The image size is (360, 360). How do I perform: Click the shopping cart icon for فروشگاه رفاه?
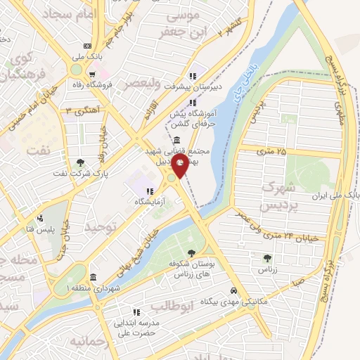(x=92, y=73)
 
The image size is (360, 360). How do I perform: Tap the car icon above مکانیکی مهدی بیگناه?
(x=233, y=290)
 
